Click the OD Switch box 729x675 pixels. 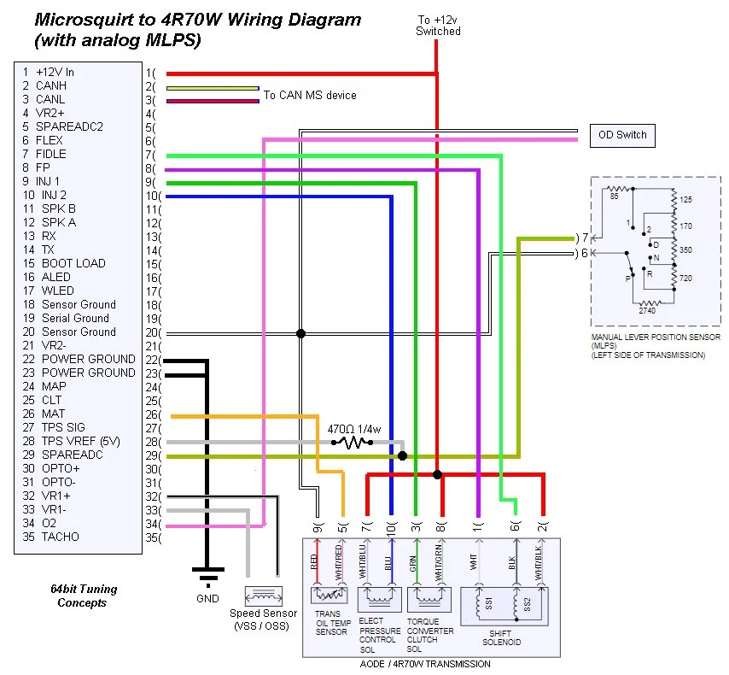click(622, 136)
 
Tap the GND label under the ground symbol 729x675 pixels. click(207, 598)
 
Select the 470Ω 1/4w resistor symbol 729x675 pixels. click(353, 443)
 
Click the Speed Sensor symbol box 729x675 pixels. click(264, 596)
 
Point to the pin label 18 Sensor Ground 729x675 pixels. click(69, 304)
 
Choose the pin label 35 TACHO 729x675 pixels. click(50, 537)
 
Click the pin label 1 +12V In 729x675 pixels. click(49, 72)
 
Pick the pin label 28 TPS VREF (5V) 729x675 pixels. click(71, 441)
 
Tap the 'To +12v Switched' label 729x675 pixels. click(438, 26)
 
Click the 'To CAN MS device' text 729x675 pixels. click(310, 95)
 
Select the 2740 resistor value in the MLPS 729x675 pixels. click(647, 310)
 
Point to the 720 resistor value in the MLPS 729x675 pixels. click(685, 279)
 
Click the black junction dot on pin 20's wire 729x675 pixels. click(300, 333)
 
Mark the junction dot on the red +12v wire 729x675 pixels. click(437, 474)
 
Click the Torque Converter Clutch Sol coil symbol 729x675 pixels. click(429, 600)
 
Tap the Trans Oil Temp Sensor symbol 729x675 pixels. click(330, 595)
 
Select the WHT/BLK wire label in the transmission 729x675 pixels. click(539, 563)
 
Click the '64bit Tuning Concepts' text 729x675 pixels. click(83, 596)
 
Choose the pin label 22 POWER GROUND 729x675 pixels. click(79, 359)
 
